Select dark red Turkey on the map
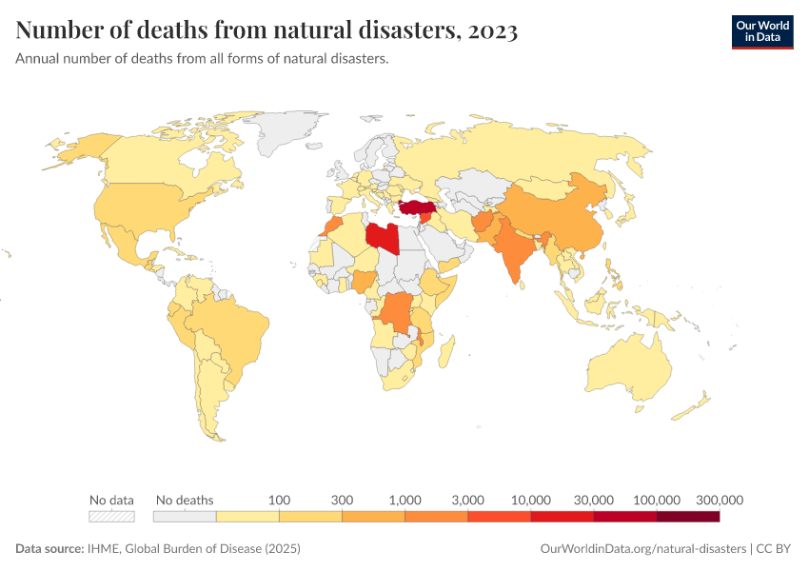[416, 207]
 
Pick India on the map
[515, 252]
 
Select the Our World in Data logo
[761, 30]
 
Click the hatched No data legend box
[111, 517]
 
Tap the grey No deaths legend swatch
[185, 517]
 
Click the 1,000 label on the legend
[404, 500]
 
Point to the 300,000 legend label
[719, 500]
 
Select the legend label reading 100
[279, 500]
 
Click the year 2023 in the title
[492, 30]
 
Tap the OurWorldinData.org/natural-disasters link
[643, 549]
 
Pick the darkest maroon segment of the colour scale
[687, 517]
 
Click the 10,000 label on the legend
[531, 500]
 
